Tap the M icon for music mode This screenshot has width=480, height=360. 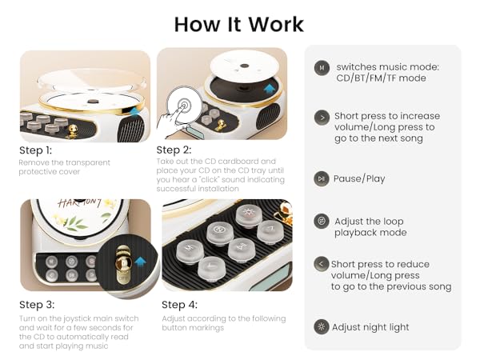tap(322, 68)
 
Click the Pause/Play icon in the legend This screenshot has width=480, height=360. tap(322, 179)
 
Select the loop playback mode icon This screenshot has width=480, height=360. tap(322, 221)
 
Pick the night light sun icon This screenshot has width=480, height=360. tap(322, 326)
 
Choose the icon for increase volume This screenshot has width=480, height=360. tap(322, 116)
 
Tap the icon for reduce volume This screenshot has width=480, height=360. tap(322, 264)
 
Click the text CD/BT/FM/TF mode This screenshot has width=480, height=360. tap(381, 78)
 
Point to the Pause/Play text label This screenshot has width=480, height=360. tap(360, 179)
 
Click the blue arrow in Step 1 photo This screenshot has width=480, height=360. tap(135, 117)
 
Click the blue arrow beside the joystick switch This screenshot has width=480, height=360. tap(141, 261)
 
